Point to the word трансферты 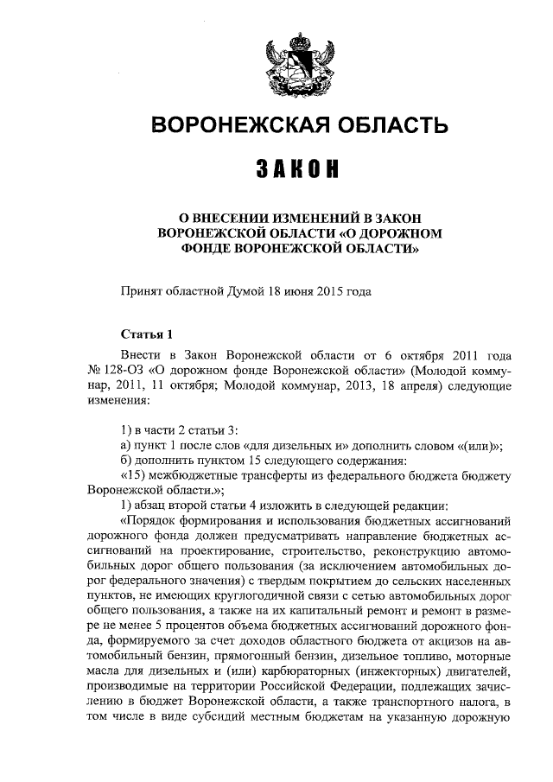click(269, 476)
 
